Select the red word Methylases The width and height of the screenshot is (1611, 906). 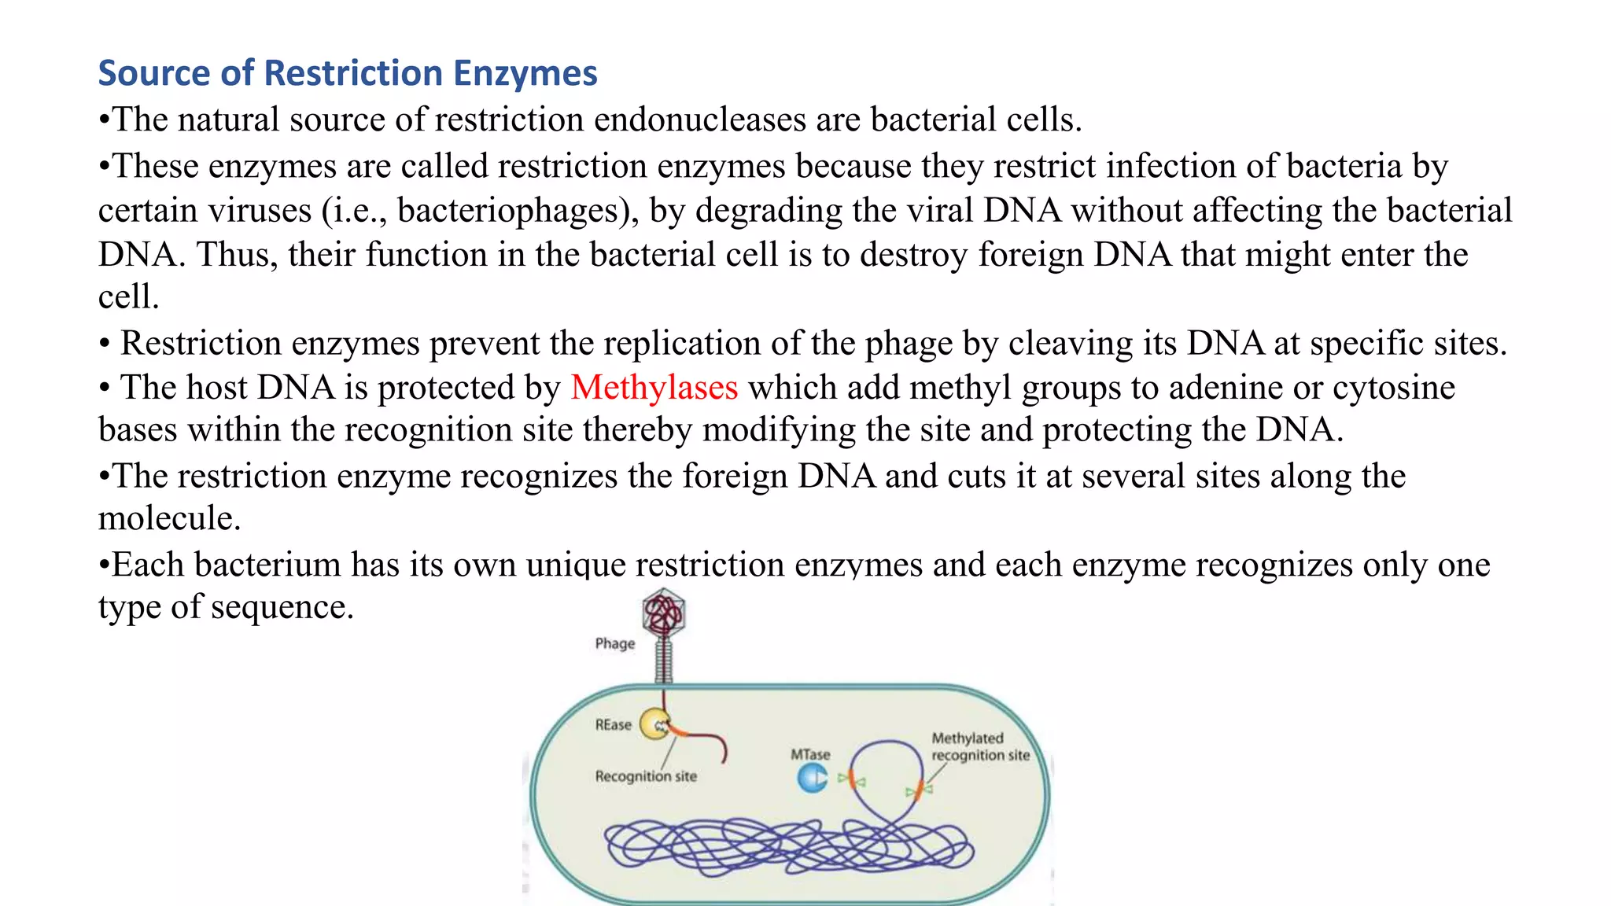click(654, 388)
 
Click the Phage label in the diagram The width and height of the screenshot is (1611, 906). click(614, 643)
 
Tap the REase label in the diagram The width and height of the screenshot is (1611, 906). click(613, 724)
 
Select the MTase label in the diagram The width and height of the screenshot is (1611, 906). click(810, 754)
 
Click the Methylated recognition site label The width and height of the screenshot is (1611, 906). click(980, 746)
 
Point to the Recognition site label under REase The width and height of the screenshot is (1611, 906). click(646, 776)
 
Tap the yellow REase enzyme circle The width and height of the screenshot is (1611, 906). click(654, 724)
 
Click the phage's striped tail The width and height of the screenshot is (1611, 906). click(664, 661)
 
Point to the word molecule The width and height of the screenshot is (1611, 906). click(169, 518)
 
